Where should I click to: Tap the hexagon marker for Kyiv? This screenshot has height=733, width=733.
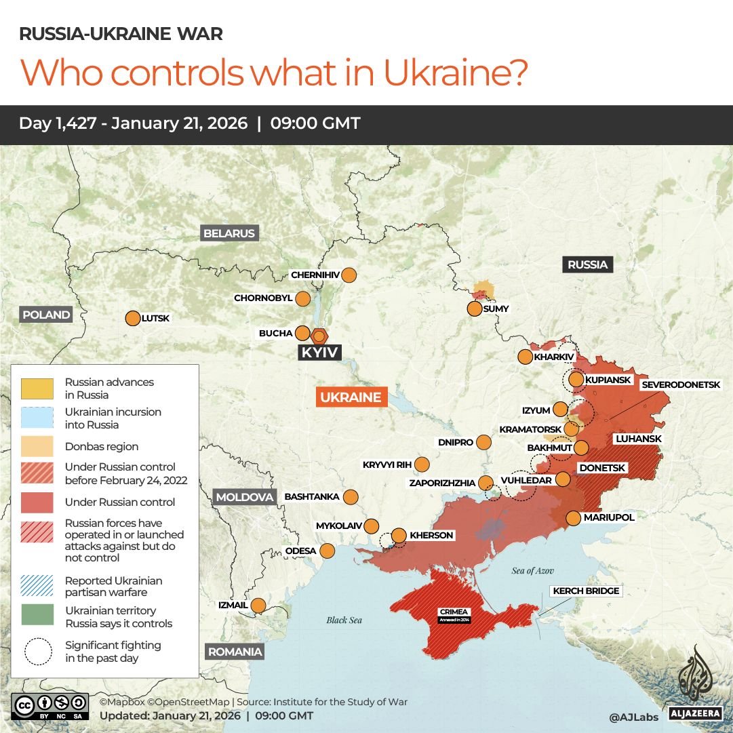319,336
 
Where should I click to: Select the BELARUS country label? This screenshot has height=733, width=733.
229,233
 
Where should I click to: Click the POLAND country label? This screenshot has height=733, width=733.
46,315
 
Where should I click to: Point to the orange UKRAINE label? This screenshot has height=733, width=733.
351,397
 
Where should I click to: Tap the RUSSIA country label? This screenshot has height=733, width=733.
587,264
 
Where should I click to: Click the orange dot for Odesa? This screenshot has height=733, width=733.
327,551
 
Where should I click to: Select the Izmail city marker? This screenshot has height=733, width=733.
258,605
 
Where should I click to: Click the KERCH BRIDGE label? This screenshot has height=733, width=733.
586,591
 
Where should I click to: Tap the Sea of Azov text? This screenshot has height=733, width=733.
533,571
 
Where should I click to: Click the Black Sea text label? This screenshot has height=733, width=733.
345,620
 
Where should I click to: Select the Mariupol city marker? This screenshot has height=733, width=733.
573,518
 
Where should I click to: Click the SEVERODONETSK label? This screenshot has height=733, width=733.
681,384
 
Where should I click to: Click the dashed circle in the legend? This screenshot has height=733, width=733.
39,651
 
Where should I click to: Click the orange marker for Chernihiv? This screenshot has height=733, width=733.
349,275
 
